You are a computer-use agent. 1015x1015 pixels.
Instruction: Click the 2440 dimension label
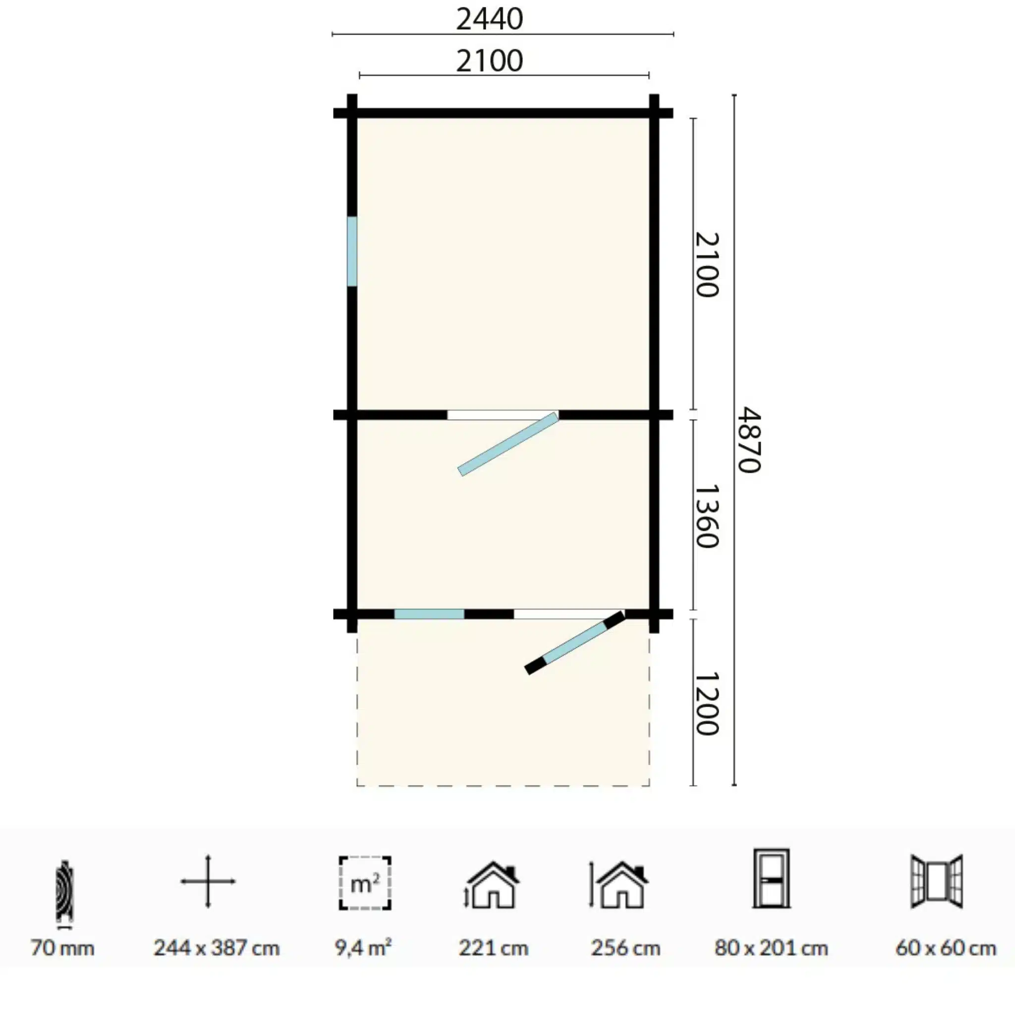pyautogui.click(x=489, y=19)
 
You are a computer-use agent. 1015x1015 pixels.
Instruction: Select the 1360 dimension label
pyautogui.click(x=706, y=516)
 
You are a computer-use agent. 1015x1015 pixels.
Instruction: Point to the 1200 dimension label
pyautogui.click(x=706, y=703)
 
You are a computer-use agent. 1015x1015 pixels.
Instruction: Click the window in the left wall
pyautogui.click(x=352, y=252)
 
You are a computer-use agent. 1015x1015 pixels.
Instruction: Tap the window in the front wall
pyautogui.click(x=429, y=614)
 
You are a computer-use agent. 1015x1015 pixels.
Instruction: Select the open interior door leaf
pyautogui.click(x=508, y=445)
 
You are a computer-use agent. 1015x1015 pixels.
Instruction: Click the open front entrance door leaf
pyautogui.click(x=575, y=642)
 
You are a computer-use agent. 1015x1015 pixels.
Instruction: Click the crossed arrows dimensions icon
pyautogui.click(x=208, y=881)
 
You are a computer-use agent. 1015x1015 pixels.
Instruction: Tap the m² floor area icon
pyautogui.click(x=365, y=883)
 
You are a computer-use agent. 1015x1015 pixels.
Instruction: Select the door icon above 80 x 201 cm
pyautogui.click(x=771, y=878)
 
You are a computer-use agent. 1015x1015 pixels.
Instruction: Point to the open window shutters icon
pyautogui.click(x=937, y=881)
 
